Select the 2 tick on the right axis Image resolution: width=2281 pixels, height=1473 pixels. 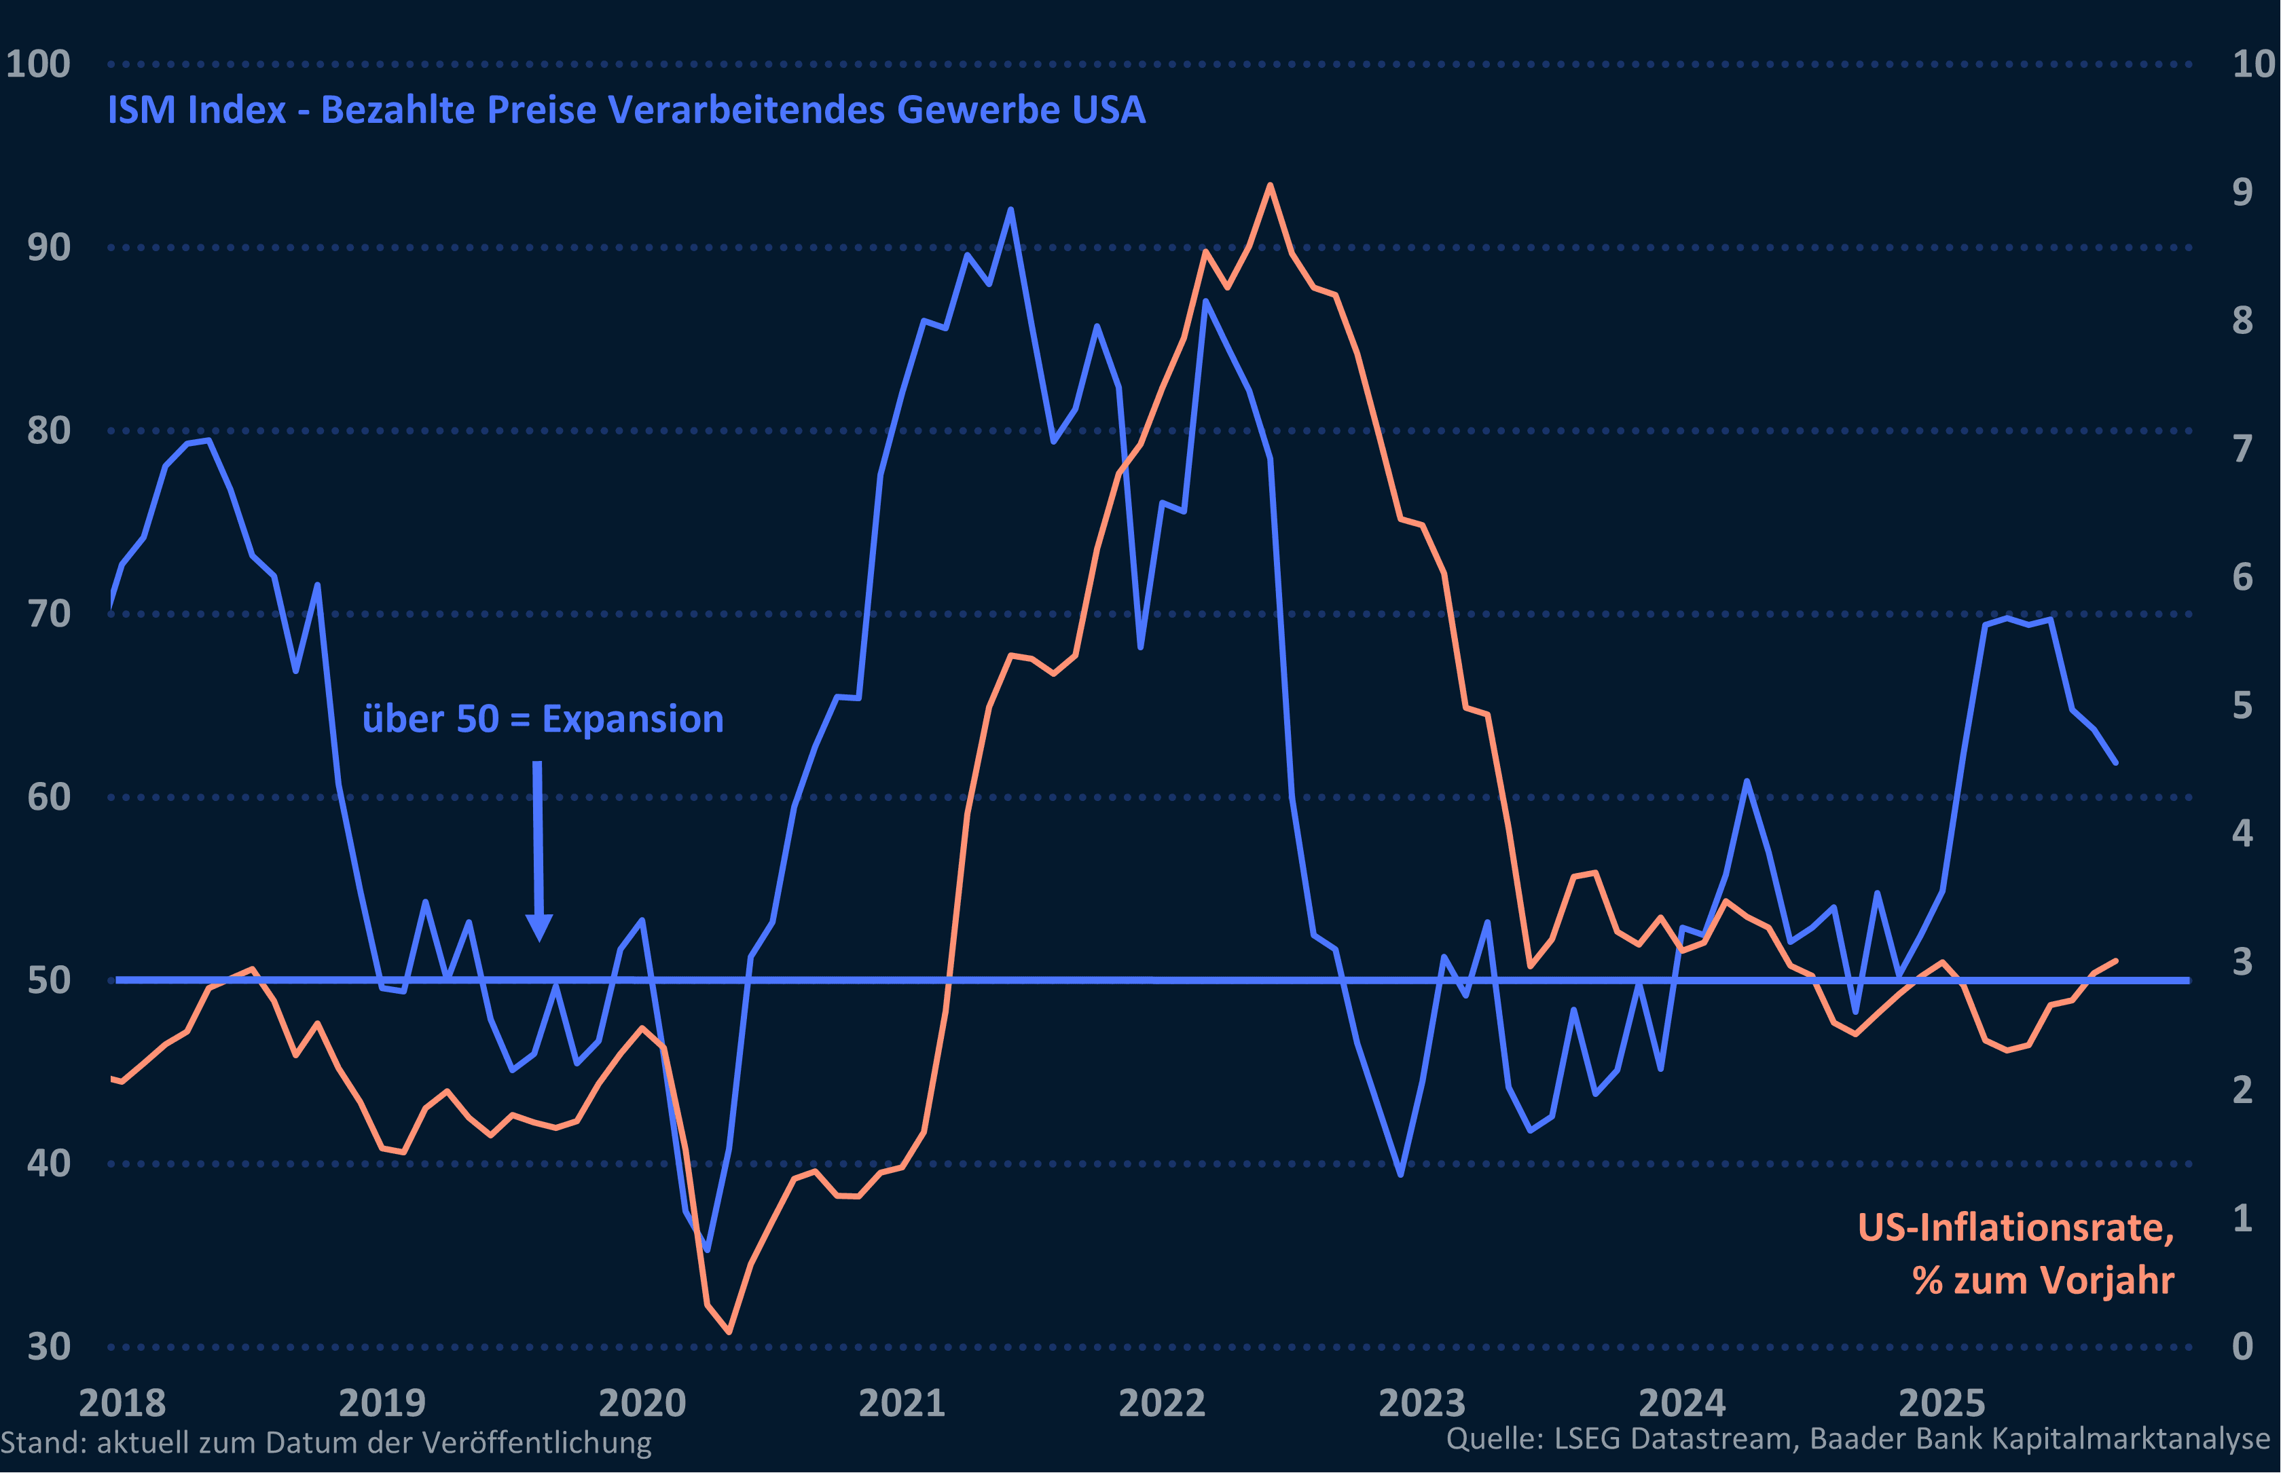click(x=2242, y=1089)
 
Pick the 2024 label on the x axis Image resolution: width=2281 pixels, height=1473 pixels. click(x=1682, y=1403)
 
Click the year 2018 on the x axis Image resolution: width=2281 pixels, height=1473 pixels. click(x=122, y=1403)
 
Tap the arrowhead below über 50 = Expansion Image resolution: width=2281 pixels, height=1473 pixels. click(x=540, y=927)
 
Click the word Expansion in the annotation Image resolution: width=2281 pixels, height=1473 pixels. click(x=632, y=720)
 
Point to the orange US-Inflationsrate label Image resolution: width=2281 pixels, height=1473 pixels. click(x=2015, y=1227)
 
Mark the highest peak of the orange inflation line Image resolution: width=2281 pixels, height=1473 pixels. click(x=1270, y=185)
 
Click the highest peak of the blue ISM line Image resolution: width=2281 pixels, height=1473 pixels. click(x=1011, y=210)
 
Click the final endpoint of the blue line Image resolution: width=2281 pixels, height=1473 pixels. click(x=2115, y=762)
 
